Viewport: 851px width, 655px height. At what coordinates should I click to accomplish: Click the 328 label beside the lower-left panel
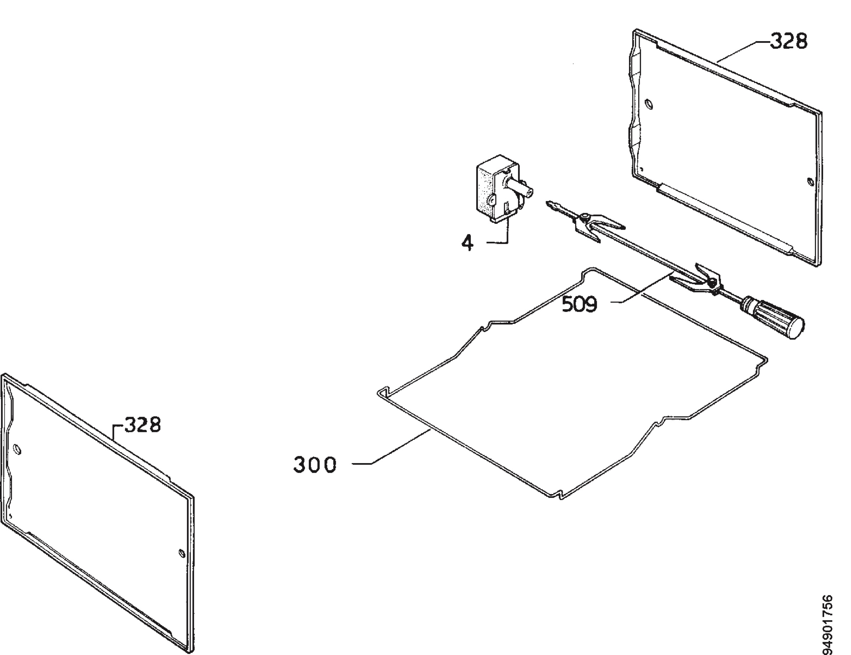[142, 425]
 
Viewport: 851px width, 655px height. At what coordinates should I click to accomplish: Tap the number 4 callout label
[468, 244]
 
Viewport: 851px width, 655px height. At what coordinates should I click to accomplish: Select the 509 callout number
[579, 304]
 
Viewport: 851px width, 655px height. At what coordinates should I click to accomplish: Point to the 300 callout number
[315, 465]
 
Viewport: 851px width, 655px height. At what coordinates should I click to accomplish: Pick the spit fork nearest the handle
[697, 277]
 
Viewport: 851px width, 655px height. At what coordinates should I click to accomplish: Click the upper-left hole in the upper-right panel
[649, 104]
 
